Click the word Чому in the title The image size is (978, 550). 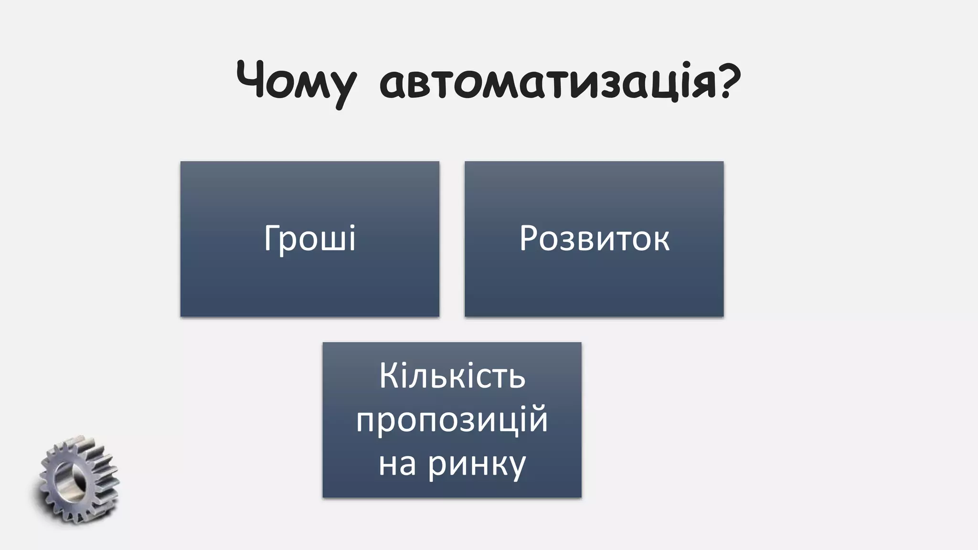296,81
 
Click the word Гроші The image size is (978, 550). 309,238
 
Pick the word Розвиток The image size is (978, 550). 594,238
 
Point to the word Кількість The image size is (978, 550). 452,377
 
